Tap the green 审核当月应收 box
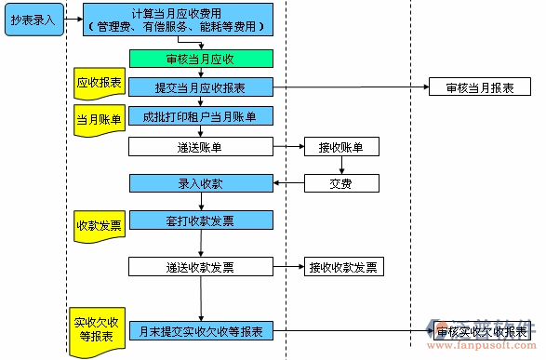(x=200, y=59)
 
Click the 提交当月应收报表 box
(x=200, y=87)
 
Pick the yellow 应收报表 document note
(x=100, y=84)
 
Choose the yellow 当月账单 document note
(x=100, y=120)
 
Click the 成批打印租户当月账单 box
(x=200, y=116)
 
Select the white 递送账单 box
(x=200, y=146)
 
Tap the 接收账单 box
(x=341, y=146)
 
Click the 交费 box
(x=341, y=183)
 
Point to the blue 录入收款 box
(x=200, y=183)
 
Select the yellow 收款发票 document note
(x=100, y=226)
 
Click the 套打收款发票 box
(x=200, y=220)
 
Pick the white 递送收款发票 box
(x=200, y=267)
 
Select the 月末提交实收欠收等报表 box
(x=200, y=330)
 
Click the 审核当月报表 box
(x=480, y=87)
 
